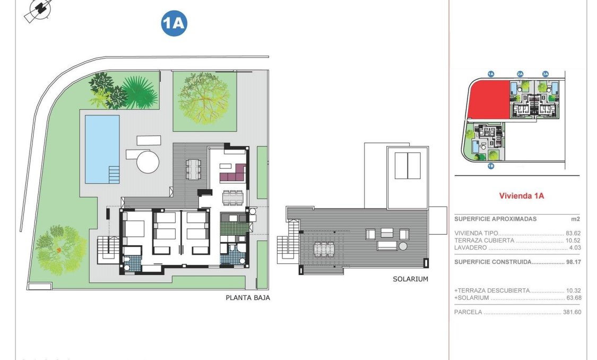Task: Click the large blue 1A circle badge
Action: click(x=174, y=23)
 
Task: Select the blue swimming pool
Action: click(x=102, y=149)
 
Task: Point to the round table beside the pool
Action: click(x=148, y=161)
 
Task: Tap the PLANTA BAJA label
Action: click(x=248, y=298)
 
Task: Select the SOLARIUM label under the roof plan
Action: click(x=410, y=279)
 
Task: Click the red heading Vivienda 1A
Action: click(x=521, y=195)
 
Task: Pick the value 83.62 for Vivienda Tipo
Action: click(x=572, y=233)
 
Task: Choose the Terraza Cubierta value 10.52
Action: click(x=572, y=240)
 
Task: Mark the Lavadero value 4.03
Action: click(x=574, y=247)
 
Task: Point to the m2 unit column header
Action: click(x=576, y=219)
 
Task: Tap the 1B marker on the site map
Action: click(x=491, y=166)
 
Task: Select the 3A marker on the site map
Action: click(x=545, y=74)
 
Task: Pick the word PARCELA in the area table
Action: click(x=468, y=312)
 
